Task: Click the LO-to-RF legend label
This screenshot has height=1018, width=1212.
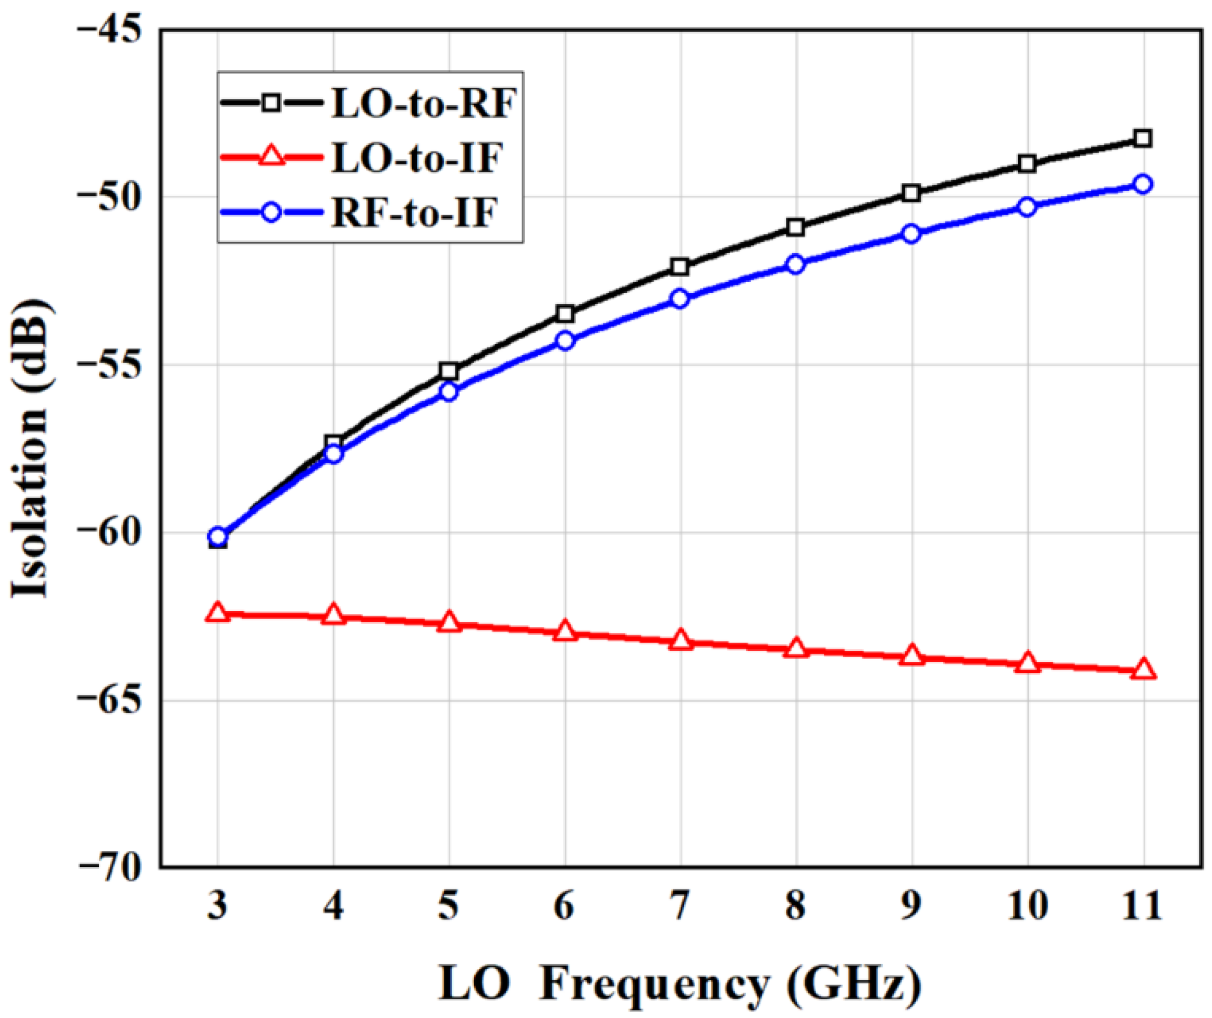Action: click(424, 103)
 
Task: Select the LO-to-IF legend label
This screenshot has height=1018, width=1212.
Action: click(417, 158)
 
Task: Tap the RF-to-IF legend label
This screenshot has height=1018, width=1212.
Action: click(414, 212)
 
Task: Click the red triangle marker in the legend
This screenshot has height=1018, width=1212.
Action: click(271, 157)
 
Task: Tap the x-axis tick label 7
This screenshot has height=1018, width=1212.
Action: click(679, 907)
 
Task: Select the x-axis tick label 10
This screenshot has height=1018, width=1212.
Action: click(1027, 907)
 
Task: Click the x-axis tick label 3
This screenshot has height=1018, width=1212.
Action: click(217, 907)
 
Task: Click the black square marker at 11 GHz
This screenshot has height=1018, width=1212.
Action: click(1142, 139)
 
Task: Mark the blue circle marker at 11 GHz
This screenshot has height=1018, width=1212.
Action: click(1142, 185)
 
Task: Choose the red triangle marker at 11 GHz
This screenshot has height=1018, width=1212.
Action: click(1142, 669)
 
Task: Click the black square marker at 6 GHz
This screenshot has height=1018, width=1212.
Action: click(565, 314)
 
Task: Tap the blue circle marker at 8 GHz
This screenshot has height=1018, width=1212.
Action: click(795, 264)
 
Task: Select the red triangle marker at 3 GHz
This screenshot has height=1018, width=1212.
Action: click(217, 613)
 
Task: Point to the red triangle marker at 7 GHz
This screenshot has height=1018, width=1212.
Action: click(679, 640)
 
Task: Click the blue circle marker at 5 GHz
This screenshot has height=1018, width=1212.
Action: click(448, 391)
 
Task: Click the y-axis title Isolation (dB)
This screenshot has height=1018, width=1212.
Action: click(30, 449)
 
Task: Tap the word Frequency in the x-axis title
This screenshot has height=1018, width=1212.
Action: click(653, 985)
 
